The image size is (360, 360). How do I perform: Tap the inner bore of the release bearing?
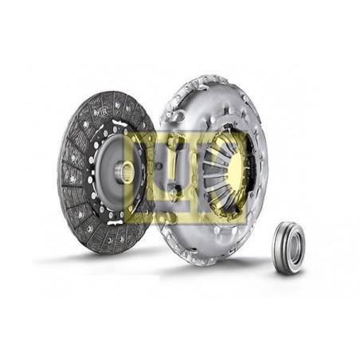click(295, 249)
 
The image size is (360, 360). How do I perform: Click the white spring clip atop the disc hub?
click(119, 123)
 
